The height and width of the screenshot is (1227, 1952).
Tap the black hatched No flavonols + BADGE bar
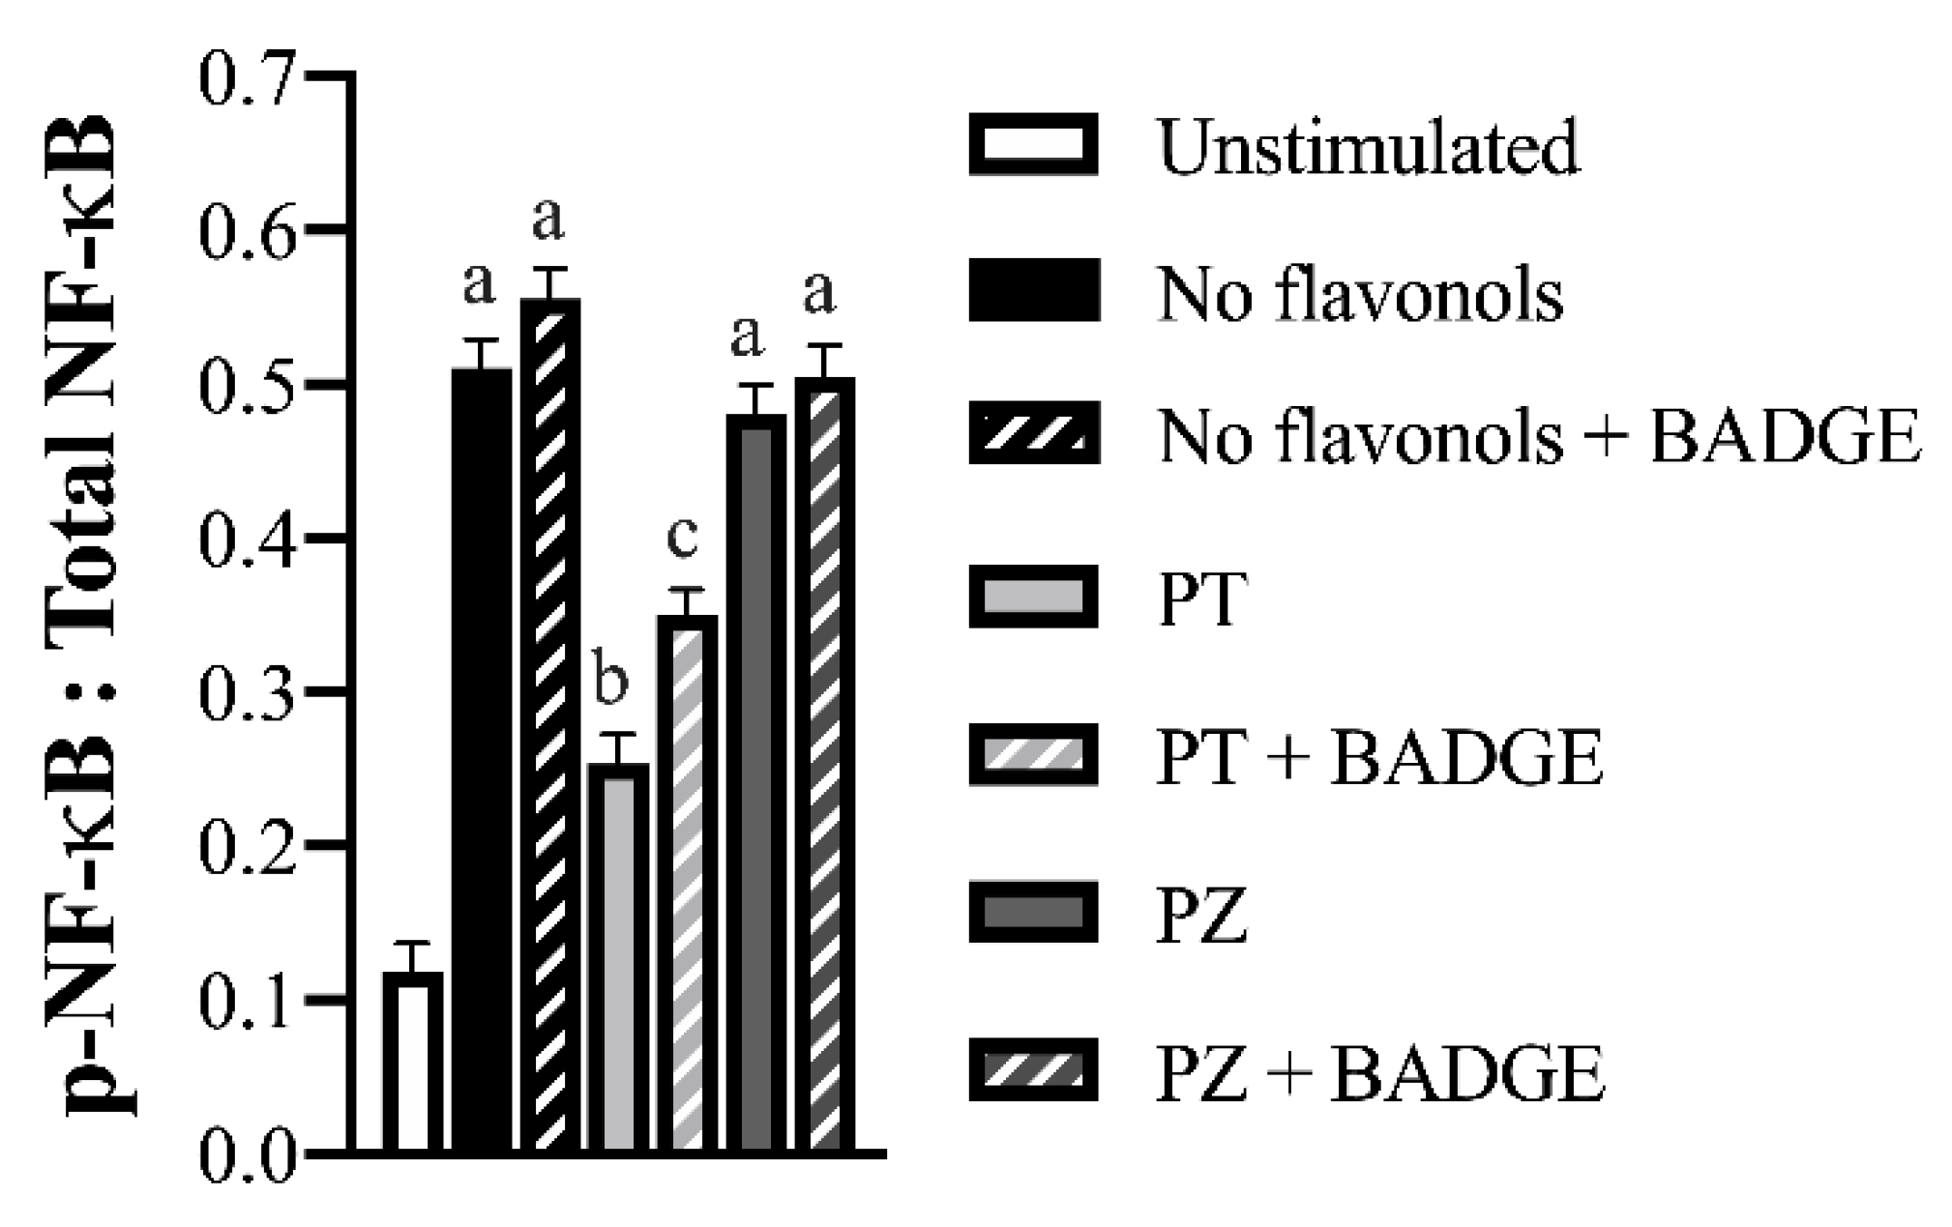550,725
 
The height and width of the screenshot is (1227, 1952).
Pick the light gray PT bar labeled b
619,957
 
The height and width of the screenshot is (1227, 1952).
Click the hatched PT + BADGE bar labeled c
688,885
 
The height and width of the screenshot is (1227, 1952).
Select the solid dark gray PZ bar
756,783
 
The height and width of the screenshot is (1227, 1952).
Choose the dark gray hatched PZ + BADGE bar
825,764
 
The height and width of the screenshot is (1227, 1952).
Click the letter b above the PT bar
610,681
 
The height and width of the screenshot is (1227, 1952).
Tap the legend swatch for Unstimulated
1034,145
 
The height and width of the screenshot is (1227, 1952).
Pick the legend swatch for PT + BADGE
1034,754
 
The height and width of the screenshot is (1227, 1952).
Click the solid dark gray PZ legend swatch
1034,912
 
